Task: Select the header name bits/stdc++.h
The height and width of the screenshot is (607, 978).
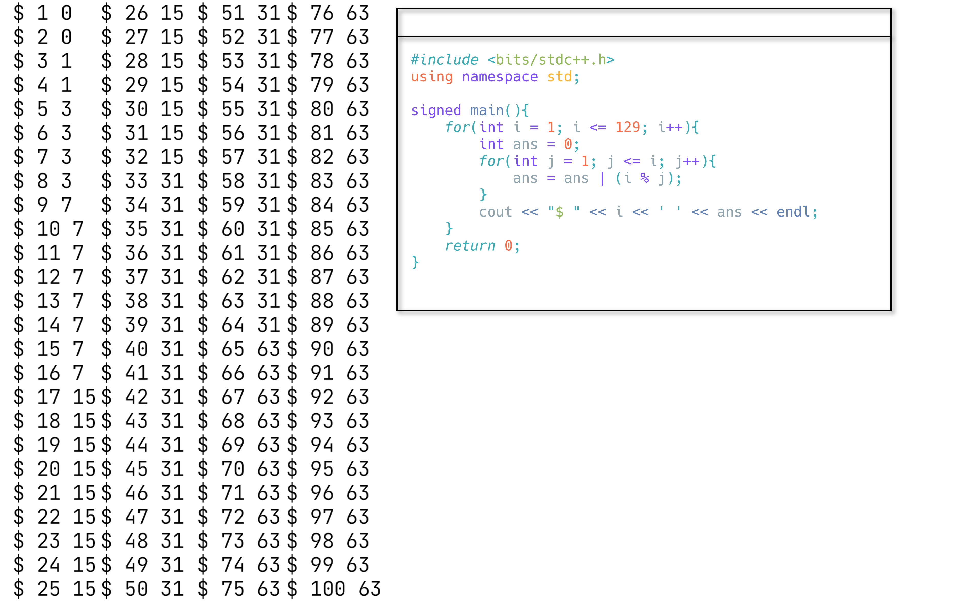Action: [x=551, y=60]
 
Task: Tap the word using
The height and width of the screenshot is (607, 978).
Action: [x=432, y=77]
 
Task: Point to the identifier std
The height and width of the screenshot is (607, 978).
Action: [x=559, y=77]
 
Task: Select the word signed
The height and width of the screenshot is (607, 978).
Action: [x=436, y=110]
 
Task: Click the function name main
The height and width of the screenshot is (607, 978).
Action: [x=487, y=110]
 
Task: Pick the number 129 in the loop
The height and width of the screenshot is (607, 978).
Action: [x=627, y=127]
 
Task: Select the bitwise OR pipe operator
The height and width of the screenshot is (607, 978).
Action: [x=602, y=178]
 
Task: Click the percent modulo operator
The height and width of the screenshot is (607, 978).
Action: [x=645, y=178]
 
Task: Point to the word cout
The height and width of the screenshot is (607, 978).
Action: [x=496, y=212]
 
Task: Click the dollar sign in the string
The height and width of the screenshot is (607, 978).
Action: [x=559, y=212]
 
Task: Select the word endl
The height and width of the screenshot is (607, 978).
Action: [x=793, y=212]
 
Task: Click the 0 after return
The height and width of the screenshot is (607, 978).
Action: [x=508, y=246]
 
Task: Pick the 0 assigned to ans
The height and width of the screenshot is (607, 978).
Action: [x=568, y=144]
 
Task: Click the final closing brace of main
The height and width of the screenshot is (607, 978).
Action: [x=415, y=263]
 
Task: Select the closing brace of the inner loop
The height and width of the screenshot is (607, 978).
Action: [x=483, y=195]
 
